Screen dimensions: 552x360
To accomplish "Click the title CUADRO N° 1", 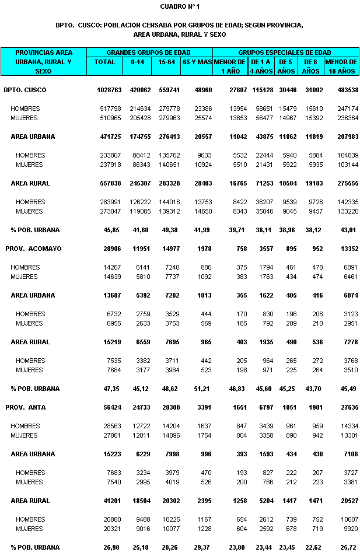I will pyautogui.click(x=180, y=6).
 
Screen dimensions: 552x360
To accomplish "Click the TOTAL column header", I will pyautogui.click(x=104, y=61).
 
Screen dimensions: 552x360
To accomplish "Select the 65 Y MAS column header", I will pyautogui.click(x=197, y=61).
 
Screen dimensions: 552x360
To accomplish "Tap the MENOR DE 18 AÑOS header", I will pyautogui.click(x=341, y=66).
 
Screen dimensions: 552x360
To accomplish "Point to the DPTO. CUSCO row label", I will pyautogui.click(x=25, y=90).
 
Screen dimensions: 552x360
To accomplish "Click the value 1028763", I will pyautogui.click(x=109, y=90).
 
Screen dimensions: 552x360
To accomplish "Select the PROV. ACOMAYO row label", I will pyautogui.click(x=33, y=249).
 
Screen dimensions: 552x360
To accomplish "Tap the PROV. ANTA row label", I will pyautogui.click(x=29, y=407).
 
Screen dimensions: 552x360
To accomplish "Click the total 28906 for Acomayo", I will pyautogui.click(x=111, y=249).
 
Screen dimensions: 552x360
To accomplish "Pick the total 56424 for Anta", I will pyautogui.click(x=111, y=407).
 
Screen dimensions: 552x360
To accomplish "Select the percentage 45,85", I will pyautogui.click(x=113, y=230).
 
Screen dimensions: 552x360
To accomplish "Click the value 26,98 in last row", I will pyautogui.click(x=113, y=547).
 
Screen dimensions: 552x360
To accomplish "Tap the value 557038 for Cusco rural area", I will pyautogui.click(x=110, y=183).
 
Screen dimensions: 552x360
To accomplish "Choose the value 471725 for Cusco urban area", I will pyautogui.click(x=110, y=137).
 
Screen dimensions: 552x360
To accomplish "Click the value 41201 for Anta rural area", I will pyautogui.click(x=111, y=501).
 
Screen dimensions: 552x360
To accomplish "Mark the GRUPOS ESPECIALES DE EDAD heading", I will pyautogui.click(x=285, y=52).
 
